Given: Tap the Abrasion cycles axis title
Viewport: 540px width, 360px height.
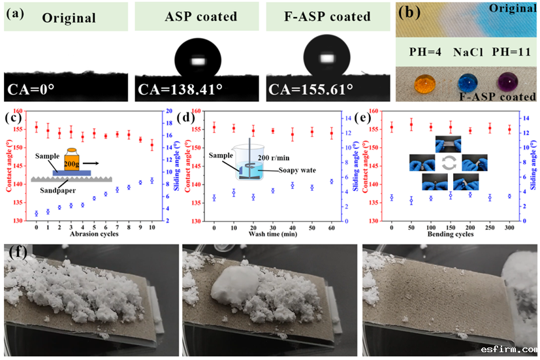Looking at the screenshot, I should tap(95, 235).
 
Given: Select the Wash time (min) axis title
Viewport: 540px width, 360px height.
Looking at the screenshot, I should tap(272, 235).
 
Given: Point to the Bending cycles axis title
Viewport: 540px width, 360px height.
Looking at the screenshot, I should tap(450, 235).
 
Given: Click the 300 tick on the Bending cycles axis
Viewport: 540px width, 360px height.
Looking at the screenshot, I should tap(509, 227).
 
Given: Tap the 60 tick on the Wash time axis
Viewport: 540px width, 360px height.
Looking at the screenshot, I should tap(332, 227).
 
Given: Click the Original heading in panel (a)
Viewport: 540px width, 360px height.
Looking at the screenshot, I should tap(69, 18).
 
